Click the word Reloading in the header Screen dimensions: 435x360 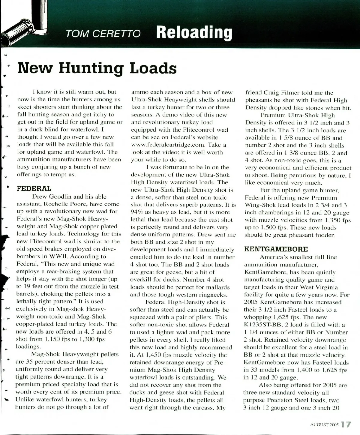coord(194,33)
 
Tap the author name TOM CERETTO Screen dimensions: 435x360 coord(103,34)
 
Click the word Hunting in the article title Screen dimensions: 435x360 coord(91,68)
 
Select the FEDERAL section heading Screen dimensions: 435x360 coord(34,189)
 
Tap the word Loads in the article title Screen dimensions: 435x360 coord(153,68)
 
